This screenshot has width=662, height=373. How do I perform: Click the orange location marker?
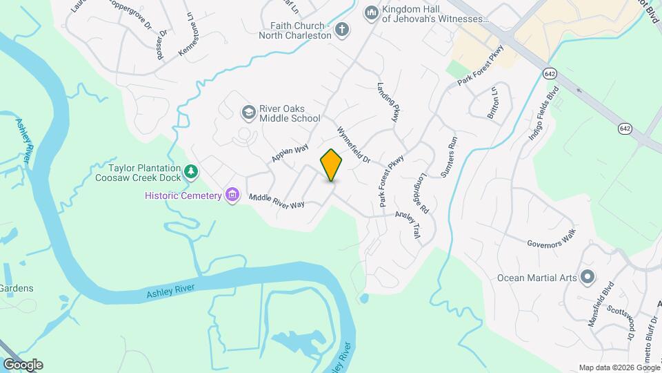331,165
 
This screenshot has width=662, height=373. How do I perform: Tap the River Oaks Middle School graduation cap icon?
248,112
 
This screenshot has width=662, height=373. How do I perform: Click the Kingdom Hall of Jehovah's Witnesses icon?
372,13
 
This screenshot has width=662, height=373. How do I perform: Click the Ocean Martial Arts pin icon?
588,278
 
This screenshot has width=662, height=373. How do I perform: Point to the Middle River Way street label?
277,201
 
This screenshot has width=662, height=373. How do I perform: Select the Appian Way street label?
290,153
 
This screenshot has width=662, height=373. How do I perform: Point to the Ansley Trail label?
408,224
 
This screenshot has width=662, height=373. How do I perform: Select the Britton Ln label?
493,104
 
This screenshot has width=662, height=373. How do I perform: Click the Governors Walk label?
550,238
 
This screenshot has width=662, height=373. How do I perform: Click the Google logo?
22,365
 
